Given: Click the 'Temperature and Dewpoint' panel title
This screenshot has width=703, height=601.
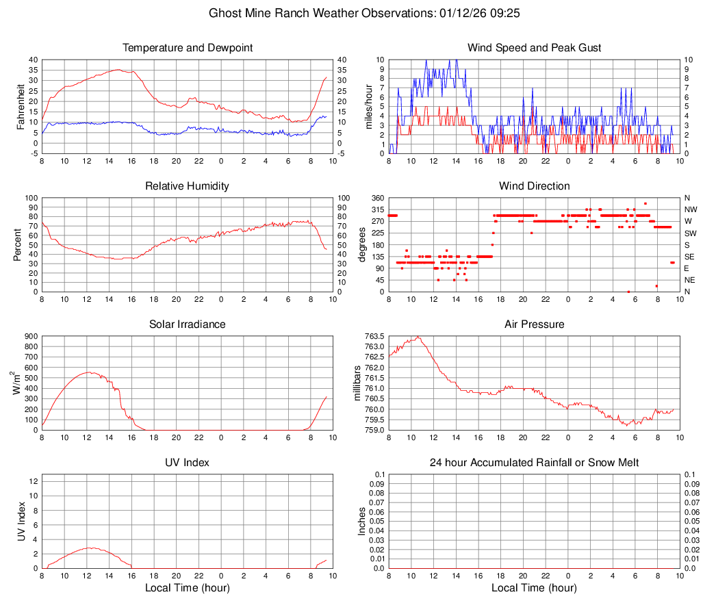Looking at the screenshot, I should [x=188, y=48].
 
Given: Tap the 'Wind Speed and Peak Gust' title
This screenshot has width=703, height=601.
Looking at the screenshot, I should [x=535, y=48].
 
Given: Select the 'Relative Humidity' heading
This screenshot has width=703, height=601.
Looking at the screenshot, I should [x=188, y=186].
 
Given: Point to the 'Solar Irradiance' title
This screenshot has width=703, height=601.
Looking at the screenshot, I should [x=188, y=324].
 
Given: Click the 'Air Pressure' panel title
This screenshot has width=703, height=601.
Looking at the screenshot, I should [x=535, y=324].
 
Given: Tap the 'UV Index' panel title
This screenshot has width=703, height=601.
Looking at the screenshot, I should [x=188, y=463].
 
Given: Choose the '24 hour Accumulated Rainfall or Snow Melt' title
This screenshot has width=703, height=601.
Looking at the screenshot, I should [x=535, y=463].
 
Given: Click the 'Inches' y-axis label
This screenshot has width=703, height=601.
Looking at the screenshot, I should [x=363, y=521].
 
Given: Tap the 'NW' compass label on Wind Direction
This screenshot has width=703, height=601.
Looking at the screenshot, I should [x=690, y=209].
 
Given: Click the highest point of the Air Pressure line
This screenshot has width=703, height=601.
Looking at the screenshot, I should [x=418, y=336].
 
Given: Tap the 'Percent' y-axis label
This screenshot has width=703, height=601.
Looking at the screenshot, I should [x=18, y=244].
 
